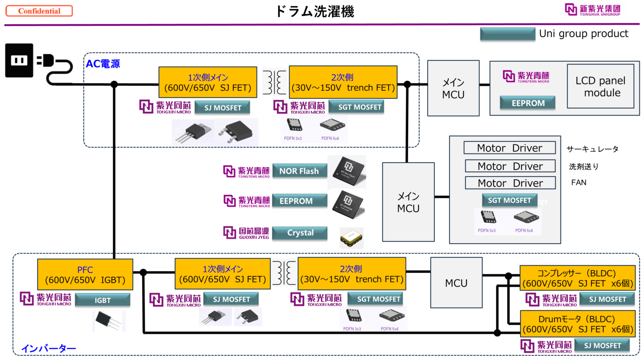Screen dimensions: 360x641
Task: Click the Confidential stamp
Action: click(39, 11)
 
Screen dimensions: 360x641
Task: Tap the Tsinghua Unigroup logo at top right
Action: click(593, 10)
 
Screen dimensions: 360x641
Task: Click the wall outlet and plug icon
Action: click(39, 63)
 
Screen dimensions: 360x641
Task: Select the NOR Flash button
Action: click(299, 171)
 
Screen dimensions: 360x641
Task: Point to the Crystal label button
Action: click(300, 233)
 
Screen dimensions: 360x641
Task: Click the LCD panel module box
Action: click(601, 86)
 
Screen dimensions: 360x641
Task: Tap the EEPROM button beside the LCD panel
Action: click(527, 103)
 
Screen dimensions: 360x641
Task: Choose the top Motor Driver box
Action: click(510, 148)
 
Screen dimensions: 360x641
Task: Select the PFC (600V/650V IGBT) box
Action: click(85, 275)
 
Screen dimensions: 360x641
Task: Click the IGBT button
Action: click(103, 300)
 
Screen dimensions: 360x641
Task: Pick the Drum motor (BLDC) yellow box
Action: click(578, 324)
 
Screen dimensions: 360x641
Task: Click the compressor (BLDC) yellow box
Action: click(578, 278)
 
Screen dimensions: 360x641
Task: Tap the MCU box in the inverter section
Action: click(456, 283)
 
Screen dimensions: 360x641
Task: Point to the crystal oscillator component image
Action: click(351, 238)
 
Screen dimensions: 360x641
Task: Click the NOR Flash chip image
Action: click(346, 172)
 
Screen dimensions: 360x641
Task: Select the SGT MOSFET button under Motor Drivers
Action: click(510, 200)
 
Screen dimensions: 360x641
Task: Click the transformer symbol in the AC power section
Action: click(274, 82)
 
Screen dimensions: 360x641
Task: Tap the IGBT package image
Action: click(109, 321)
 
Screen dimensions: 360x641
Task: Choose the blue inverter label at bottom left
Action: click(48, 348)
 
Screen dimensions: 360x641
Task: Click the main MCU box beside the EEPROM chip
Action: click(408, 202)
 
